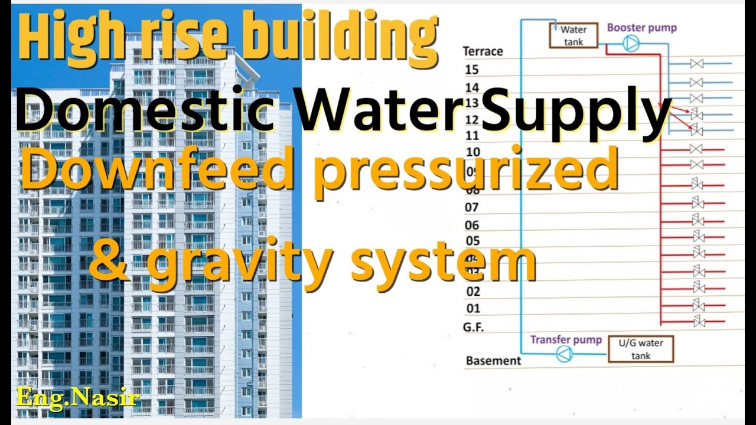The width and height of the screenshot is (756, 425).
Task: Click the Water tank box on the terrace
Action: point(573,36)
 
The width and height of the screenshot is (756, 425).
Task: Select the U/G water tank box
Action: point(640,349)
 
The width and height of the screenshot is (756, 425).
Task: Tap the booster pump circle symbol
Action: point(631,44)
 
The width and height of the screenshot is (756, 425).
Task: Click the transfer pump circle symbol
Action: point(564,354)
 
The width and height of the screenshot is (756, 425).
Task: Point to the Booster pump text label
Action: point(641,28)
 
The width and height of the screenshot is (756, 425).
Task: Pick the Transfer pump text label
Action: point(565,339)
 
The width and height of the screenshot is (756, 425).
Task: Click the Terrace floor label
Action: point(483,51)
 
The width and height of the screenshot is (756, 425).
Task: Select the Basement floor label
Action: point(493,360)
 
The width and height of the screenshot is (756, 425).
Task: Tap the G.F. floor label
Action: point(473,326)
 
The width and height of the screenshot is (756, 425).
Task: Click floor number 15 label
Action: point(472,70)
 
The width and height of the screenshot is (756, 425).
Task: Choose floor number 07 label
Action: point(472,207)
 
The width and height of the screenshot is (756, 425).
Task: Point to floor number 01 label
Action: point(473,308)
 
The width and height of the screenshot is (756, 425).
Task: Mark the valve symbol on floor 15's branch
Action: point(696,64)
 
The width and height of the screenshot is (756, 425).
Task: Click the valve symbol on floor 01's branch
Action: point(699,305)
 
